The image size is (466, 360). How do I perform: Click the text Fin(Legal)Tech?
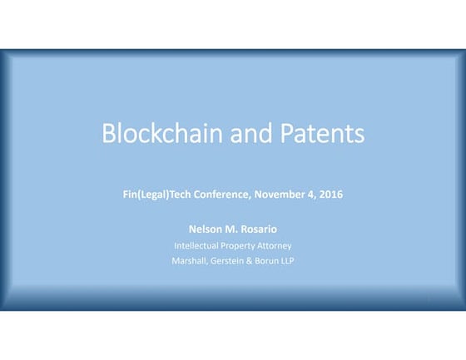pyautogui.click(x=158, y=195)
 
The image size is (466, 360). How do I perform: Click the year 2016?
pyautogui.click(x=331, y=195)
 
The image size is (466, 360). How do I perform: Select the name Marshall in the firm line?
pyautogui.click(x=188, y=262)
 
